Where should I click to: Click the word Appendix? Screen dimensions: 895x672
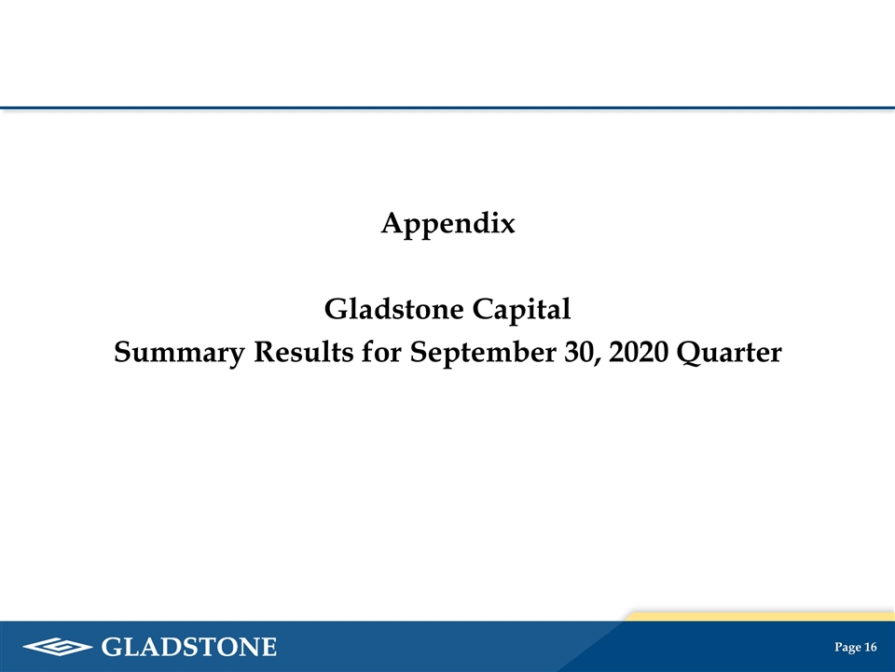pyautogui.click(x=448, y=224)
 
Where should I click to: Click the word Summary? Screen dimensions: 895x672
pyautogui.click(x=179, y=353)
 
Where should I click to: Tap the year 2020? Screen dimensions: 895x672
pyautogui.click(x=638, y=352)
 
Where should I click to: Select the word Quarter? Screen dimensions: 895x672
pyautogui.click(x=729, y=353)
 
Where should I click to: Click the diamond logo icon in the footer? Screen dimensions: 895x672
pyautogui.click(x=58, y=647)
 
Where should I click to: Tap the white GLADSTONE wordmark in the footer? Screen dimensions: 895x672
pyautogui.click(x=189, y=647)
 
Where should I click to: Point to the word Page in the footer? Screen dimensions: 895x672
pyautogui.click(x=847, y=648)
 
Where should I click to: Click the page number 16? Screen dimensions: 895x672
pyautogui.click(x=871, y=647)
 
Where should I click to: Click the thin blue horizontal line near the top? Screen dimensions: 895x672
pyautogui.click(x=447, y=107)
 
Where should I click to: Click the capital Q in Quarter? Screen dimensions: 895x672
pyautogui.click(x=690, y=354)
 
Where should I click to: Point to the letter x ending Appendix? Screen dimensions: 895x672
pyautogui.click(x=507, y=227)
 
